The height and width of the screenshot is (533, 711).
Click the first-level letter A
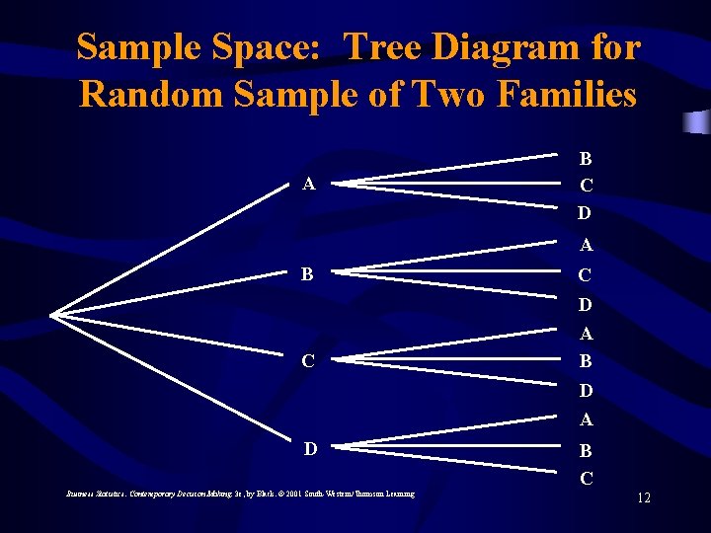pyautogui.click(x=309, y=183)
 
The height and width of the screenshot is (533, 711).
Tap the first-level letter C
pyautogui.click(x=309, y=361)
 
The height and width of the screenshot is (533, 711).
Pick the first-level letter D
pyautogui.click(x=309, y=449)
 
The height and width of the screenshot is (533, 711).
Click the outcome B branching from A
pyautogui.click(x=586, y=157)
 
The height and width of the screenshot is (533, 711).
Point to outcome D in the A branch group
pyautogui.click(x=586, y=212)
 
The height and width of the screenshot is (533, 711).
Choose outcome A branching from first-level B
pyautogui.click(x=586, y=245)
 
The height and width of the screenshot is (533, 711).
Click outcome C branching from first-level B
pyautogui.click(x=586, y=275)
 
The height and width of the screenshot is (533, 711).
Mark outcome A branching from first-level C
pyautogui.click(x=586, y=335)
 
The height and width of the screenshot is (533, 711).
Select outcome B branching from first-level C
pyautogui.click(x=586, y=361)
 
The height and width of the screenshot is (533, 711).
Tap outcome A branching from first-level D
pyautogui.click(x=586, y=419)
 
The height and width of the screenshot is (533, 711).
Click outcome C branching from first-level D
pyautogui.click(x=586, y=479)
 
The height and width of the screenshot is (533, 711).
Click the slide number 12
pyautogui.click(x=643, y=497)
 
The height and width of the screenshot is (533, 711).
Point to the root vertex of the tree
pyautogui.click(x=52, y=315)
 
